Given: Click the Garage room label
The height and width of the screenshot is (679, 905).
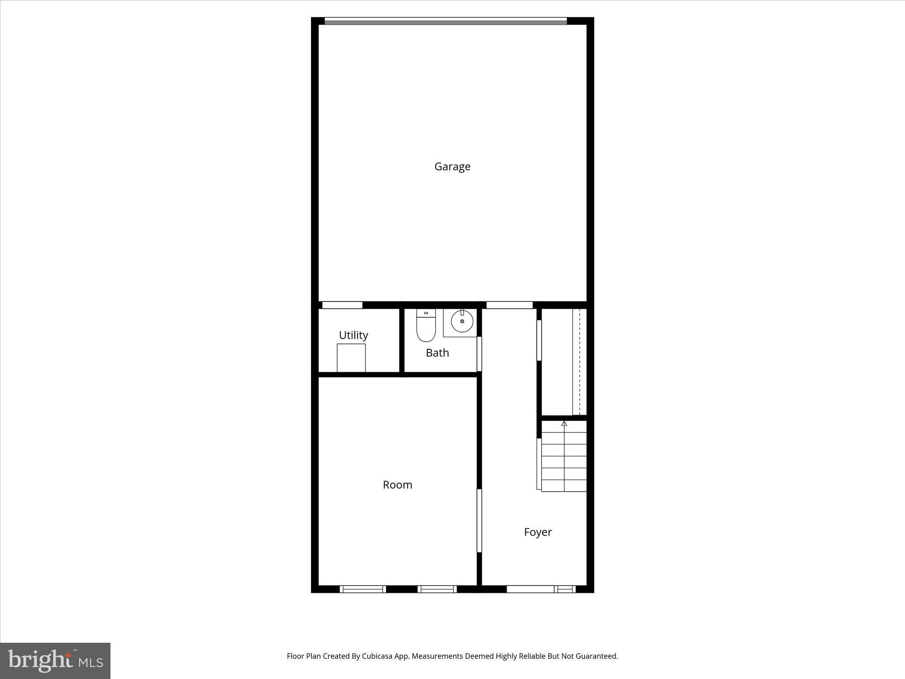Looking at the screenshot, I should pyautogui.click(x=452, y=167).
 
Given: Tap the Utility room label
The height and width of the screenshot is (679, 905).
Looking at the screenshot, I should pyautogui.click(x=353, y=335).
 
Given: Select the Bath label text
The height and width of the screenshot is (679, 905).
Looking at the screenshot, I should pyautogui.click(x=437, y=353).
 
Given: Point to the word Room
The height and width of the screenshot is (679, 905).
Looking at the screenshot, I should pyautogui.click(x=397, y=485).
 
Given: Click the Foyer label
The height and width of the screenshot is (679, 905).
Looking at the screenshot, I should pyautogui.click(x=537, y=532).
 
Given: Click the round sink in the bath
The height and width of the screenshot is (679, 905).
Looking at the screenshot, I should pyautogui.click(x=462, y=321).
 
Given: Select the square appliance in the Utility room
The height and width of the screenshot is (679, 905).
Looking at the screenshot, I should pyautogui.click(x=351, y=358).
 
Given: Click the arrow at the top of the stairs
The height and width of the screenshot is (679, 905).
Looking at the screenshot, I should pyautogui.click(x=564, y=423).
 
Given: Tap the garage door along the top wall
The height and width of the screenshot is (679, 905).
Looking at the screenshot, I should pyautogui.click(x=445, y=21).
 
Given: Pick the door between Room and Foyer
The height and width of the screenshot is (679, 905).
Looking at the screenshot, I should pyautogui.click(x=479, y=520).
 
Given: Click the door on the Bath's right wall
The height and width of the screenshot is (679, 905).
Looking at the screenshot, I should pyautogui.click(x=479, y=354).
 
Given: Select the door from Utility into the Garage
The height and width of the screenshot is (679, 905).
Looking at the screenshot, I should pyautogui.click(x=342, y=305).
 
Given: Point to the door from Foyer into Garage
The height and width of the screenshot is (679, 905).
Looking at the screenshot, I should pyautogui.click(x=509, y=305).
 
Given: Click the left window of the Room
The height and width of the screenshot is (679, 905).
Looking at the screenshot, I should pyautogui.click(x=362, y=589).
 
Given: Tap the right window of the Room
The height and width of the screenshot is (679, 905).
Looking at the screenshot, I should pyautogui.click(x=437, y=589).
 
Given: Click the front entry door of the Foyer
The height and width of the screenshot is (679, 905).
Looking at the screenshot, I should pyautogui.click(x=530, y=589).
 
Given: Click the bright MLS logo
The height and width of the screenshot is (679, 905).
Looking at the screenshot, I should pyautogui.click(x=55, y=660).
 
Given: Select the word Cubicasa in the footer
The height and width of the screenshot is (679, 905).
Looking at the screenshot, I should pyautogui.click(x=378, y=656).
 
